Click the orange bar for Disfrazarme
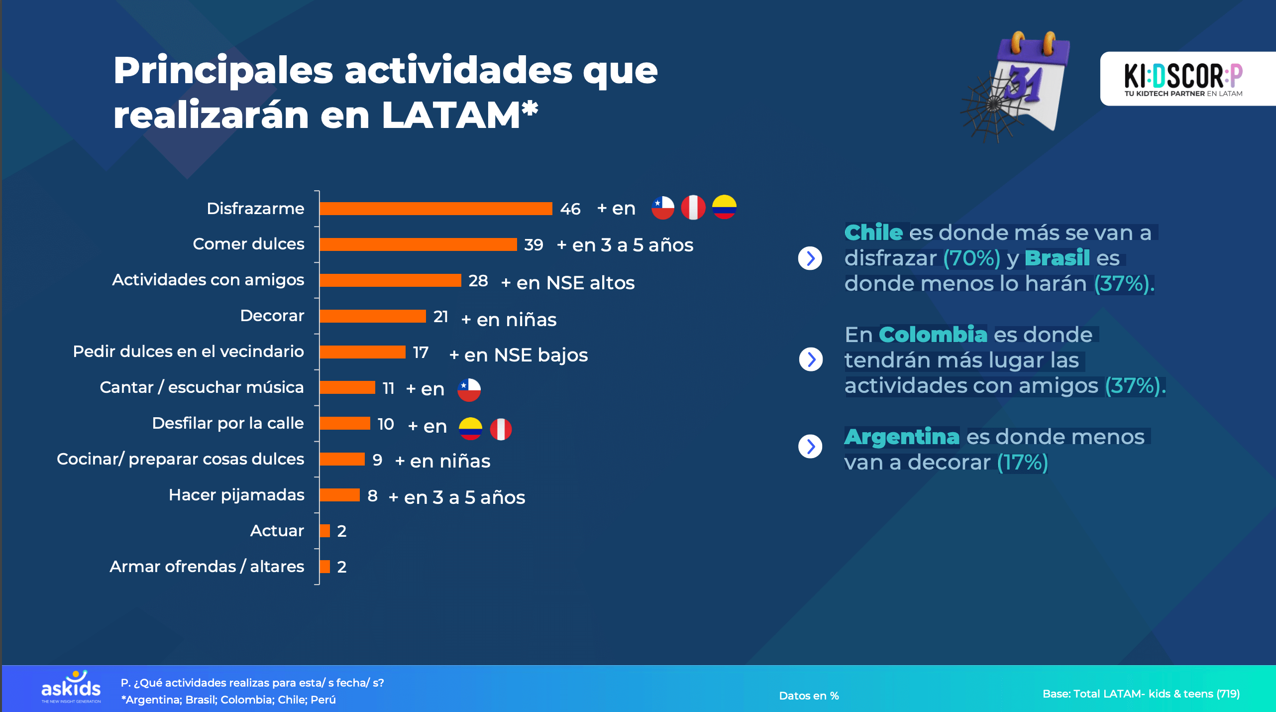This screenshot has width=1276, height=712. point(435,209)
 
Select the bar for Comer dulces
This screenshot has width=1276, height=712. point(418,244)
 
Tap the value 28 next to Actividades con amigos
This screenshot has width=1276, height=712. point(478,281)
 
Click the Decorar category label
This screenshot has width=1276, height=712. point(272,316)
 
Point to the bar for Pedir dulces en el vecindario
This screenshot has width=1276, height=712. point(362,352)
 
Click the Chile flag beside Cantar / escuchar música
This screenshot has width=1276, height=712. point(469,390)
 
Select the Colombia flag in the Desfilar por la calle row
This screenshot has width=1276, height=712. point(470,429)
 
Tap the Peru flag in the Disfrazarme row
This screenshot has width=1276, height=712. point(693,208)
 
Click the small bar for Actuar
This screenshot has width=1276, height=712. point(325,531)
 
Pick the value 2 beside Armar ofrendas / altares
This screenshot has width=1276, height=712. point(341,567)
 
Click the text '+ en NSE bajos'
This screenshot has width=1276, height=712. point(518,356)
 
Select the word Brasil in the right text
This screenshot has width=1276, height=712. point(1057,258)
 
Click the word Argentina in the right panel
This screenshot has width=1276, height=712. point(902,437)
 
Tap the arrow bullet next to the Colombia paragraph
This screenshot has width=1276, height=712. point(811,359)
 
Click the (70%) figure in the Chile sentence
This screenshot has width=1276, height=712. point(972,258)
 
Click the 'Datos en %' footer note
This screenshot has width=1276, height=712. point(809,696)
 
